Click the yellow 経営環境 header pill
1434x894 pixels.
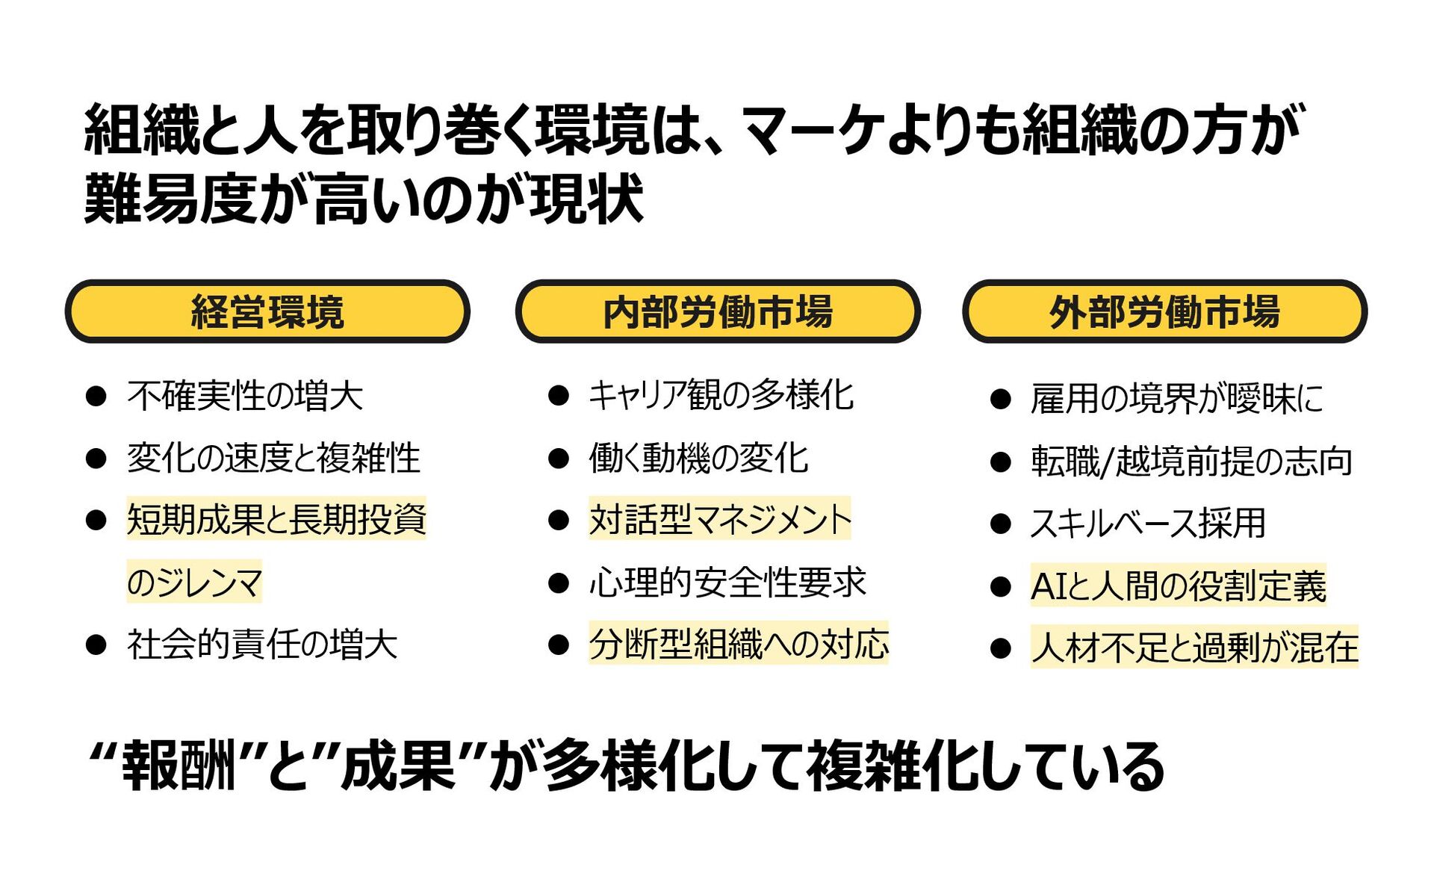(x=267, y=311)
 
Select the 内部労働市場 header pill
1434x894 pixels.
(x=717, y=311)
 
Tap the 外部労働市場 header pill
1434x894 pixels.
(x=1164, y=311)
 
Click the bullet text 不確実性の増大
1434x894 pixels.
(x=245, y=396)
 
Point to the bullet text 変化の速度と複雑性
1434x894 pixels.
(x=273, y=458)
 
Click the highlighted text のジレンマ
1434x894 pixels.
(x=194, y=582)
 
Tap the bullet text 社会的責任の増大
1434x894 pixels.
(x=261, y=644)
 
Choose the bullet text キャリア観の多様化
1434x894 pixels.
(x=721, y=395)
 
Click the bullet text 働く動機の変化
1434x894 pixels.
(x=698, y=458)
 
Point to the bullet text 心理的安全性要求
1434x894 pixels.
(x=727, y=582)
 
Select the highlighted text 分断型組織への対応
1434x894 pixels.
(x=739, y=644)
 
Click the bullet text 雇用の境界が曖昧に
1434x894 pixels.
(x=1176, y=399)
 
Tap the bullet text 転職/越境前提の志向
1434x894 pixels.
(x=1191, y=461)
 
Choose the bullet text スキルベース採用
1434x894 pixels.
(x=1148, y=523)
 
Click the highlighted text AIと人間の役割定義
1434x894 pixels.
(x=1178, y=586)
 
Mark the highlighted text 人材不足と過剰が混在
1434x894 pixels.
(x=1194, y=647)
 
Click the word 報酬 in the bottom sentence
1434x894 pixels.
(x=179, y=766)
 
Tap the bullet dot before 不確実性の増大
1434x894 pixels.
(x=96, y=396)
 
